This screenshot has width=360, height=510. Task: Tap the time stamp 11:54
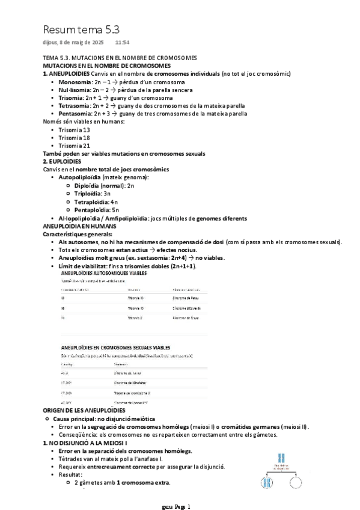coord(122,43)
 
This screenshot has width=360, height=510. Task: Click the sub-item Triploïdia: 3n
coord(97,194)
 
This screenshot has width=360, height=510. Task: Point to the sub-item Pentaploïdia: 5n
coord(100,210)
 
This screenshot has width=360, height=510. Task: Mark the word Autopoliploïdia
coord(79,177)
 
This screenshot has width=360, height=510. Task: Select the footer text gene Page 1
coord(176,506)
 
